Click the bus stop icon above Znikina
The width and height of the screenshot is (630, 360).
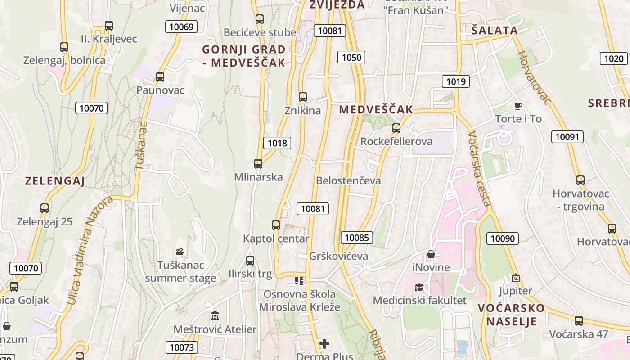(x=303, y=97)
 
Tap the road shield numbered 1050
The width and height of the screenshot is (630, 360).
(x=351, y=57)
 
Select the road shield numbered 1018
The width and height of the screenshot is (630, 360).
(x=277, y=143)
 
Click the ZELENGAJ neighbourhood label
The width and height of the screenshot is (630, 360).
(x=55, y=181)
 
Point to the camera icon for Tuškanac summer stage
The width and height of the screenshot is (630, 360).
(x=180, y=252)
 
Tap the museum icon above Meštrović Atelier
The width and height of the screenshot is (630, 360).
(x=215, y=315)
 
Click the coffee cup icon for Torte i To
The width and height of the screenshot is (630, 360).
(x=518, y=106)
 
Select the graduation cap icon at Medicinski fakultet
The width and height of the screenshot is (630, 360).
(x=419, y=287)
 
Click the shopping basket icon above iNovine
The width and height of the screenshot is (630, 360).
(x=431, y=254)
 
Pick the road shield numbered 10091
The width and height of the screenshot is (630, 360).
(x=567, y=137)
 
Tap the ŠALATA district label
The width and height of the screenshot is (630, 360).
(x=495, y=31)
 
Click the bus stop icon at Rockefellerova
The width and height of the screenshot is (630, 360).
(x=396, y=128)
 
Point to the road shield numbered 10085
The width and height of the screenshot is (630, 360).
(x=356, y=238)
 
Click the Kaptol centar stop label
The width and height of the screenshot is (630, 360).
(x=276, y=238)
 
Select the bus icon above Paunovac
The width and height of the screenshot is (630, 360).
(x=160, y=76)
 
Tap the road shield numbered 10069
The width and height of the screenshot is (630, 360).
(x=181, y=27)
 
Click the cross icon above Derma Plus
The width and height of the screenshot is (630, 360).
(x=324, y=344)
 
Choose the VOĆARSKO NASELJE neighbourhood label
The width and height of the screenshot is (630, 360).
(x=511, y=315)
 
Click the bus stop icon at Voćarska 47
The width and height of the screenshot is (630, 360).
(x=579, y=321)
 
